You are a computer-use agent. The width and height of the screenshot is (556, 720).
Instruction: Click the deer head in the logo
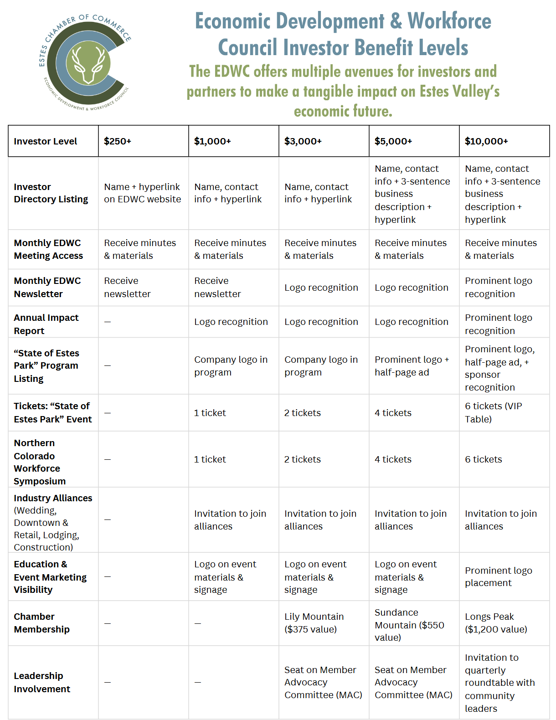tap(88, 63)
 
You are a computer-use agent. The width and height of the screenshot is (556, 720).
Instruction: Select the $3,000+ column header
tap(303, 141)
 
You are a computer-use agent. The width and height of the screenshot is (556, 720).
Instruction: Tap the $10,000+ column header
tap(486, 141)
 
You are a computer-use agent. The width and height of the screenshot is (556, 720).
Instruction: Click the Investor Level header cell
tap(46, 141)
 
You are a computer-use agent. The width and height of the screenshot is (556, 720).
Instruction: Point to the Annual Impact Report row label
tap(46, 324)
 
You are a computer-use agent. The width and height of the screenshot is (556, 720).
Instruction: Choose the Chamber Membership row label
tap(42, 623)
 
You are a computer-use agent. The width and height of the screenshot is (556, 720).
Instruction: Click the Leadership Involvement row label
tap(42, 682)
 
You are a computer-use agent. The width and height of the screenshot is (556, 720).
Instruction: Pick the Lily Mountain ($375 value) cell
tap(314, 623)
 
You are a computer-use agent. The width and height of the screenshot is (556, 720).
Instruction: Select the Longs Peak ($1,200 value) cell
tap(496, 623)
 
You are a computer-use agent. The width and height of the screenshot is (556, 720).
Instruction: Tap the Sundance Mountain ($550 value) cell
tap(409, 625)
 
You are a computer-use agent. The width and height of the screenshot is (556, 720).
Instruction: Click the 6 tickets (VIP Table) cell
tap(494, 412)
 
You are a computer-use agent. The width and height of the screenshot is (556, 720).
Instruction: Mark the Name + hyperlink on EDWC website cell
tap(142, 193)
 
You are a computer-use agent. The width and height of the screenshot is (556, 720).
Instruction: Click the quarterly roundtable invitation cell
tap(499, 683)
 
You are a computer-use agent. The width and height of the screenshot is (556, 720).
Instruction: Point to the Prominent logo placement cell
tap(499, 576)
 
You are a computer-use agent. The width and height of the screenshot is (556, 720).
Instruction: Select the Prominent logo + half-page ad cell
tap(412, 366)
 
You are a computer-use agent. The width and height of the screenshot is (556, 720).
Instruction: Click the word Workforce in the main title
tap(449, 21)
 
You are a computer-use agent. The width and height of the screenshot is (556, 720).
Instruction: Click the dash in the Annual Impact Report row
tap(108, 322)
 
